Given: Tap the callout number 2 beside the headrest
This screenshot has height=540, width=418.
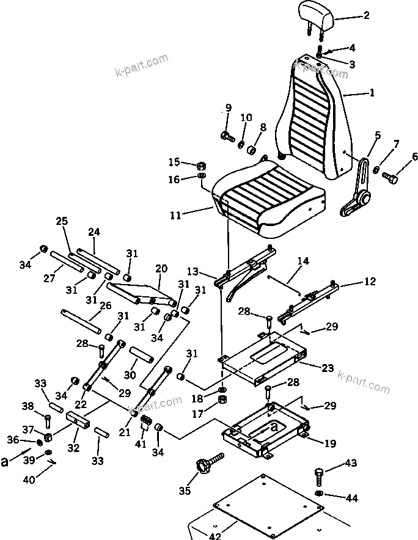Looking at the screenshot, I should pos(366,16).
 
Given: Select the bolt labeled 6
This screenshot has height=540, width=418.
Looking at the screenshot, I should pos(390,177).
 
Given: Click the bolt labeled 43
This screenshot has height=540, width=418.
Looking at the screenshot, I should pos(319,473).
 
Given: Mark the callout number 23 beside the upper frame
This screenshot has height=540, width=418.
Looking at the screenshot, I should pos(328,368).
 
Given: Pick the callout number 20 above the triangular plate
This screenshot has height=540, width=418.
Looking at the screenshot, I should pos(161,268).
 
